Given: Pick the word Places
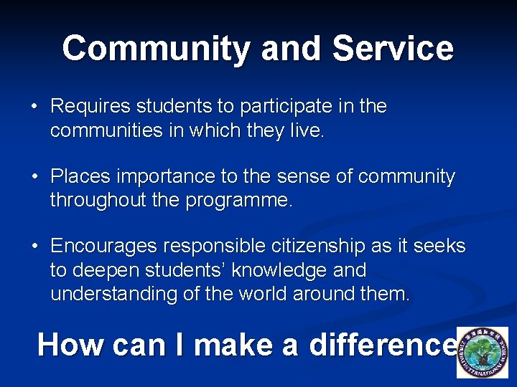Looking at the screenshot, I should pyautogui.click(x=77, y=176).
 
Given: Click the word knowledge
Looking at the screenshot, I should pyautogui.click(x=289, y=270).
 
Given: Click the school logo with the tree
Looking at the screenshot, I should pyautogui.click(x=482, y=353).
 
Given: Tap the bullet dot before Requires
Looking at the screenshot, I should pyautogui.click(x=34, y=107).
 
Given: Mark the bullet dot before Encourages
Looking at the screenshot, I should pyautogui.click(x=34, y=247).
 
